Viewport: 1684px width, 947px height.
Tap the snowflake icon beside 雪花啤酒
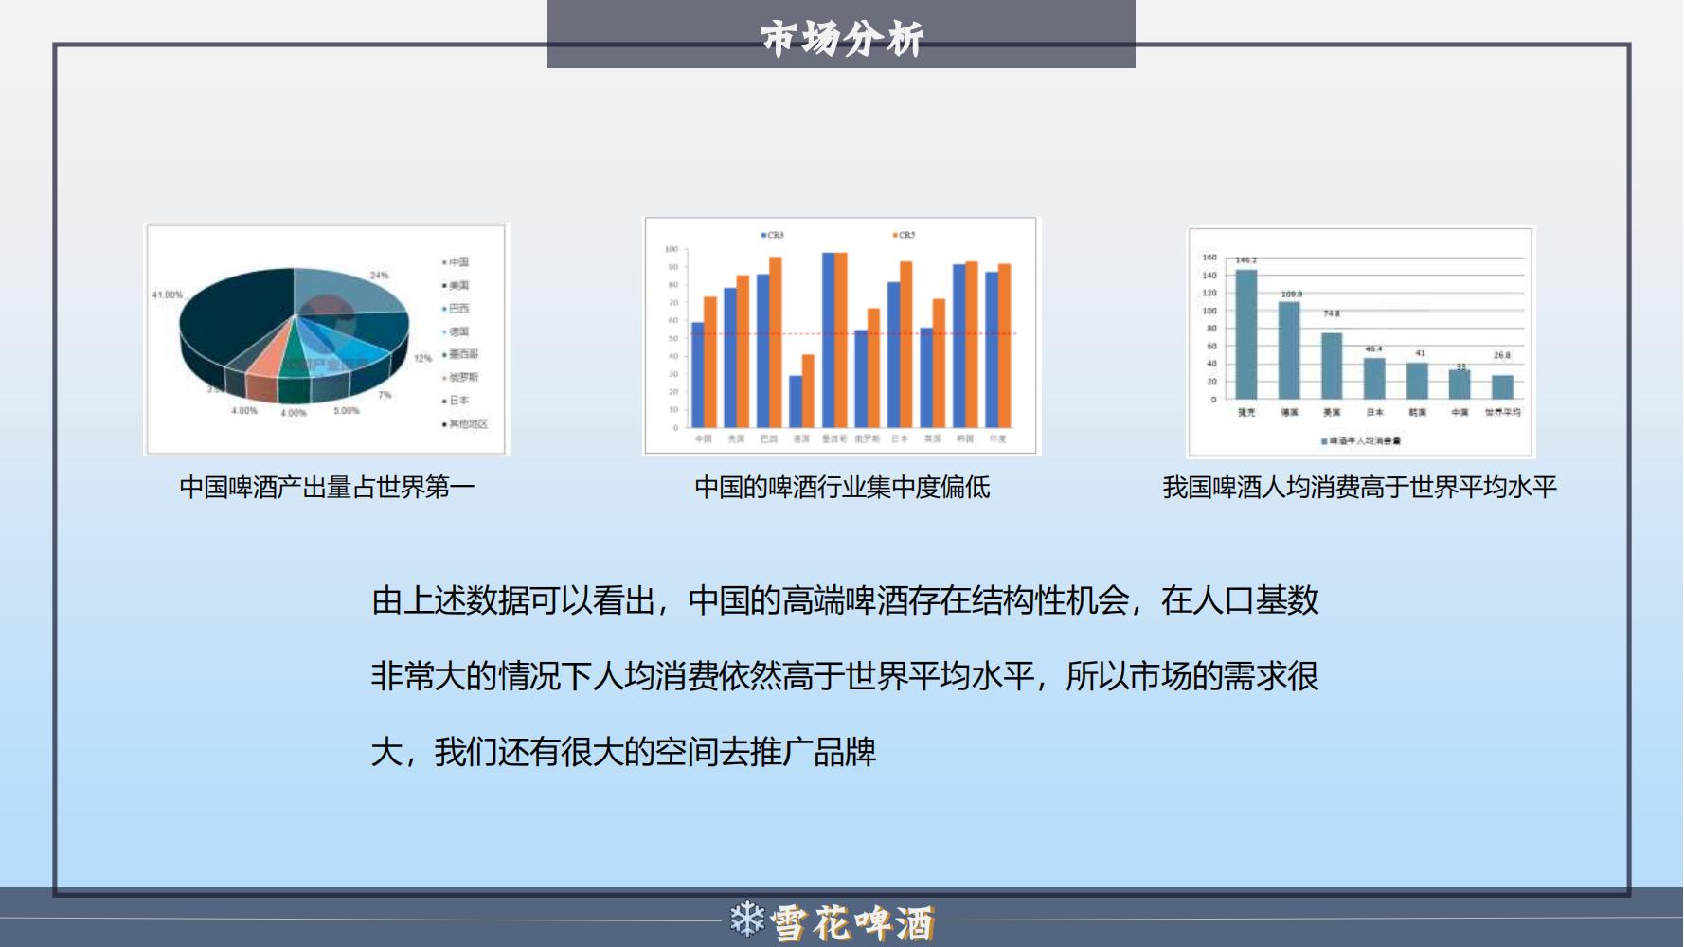[747, 919]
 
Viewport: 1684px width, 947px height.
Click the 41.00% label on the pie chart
[167, 295]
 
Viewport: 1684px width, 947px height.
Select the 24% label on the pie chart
[379, 275]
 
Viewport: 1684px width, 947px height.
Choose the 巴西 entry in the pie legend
[458, 309]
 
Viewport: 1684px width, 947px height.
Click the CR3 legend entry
[773, 235]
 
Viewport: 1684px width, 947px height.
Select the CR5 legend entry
[905, 235]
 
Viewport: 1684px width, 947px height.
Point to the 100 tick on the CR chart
[672, 249]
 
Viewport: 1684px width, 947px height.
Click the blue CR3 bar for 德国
[796, 402]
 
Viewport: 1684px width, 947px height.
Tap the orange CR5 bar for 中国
[710, 362]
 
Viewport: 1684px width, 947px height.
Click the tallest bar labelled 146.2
[1246, 333]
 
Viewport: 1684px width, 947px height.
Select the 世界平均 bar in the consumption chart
[1502, 386]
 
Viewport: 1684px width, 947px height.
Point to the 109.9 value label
[1291, 294]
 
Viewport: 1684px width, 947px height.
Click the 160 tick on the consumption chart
[1209, 258]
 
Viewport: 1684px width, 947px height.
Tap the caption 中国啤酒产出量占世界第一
[327, 487]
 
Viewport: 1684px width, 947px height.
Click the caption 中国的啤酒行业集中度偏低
[842, 487]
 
